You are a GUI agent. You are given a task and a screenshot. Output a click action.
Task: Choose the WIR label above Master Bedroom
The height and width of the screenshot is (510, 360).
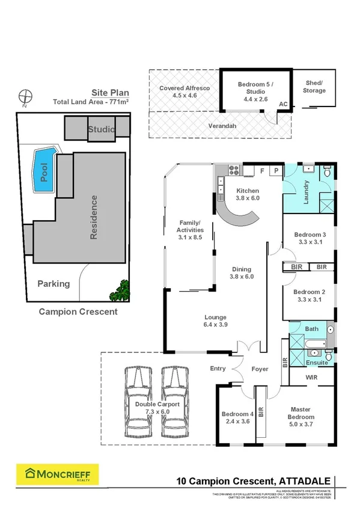(x=311, y=377)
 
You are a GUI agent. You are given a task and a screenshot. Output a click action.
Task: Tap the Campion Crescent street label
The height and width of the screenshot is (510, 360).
(x=78, y=312)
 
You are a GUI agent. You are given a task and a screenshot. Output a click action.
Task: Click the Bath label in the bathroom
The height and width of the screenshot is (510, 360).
(x=311, y=329)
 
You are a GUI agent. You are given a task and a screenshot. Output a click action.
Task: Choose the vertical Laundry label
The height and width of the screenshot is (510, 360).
(x=305, y=192)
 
